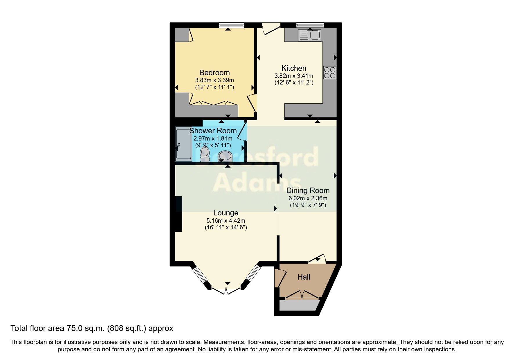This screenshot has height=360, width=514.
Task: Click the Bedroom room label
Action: [214, 73]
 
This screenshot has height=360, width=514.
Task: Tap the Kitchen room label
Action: [294, 68]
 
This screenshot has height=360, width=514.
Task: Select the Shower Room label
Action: [213, 131]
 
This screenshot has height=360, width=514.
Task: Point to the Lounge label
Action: [226, 213]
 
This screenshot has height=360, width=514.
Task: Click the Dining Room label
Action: [308, 190]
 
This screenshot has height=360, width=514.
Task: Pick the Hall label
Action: [304, 277]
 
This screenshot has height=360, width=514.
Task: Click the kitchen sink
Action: [309, 35]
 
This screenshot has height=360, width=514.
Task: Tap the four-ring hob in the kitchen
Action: [330, 73]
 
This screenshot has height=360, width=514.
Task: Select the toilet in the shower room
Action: [205, 154]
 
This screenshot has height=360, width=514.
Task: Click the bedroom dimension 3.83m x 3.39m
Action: [214, 80]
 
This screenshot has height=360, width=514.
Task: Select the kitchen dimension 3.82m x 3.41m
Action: [294, 76]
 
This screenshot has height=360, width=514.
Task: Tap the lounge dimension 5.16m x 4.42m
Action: [226, 221]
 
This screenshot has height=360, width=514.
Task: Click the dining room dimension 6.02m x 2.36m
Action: [308, 198]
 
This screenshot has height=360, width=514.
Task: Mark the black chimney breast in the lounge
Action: [178, 214]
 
